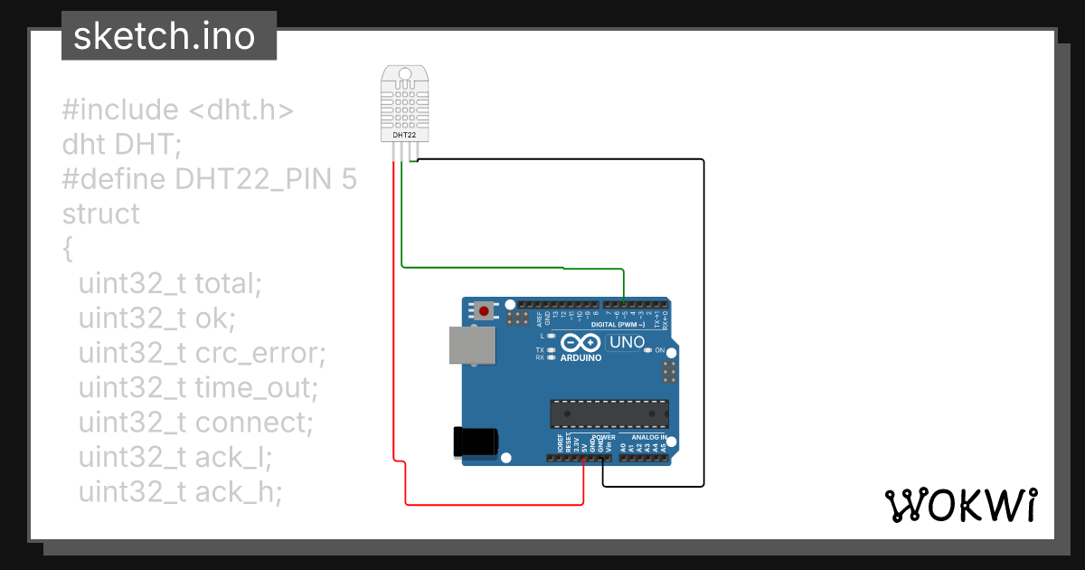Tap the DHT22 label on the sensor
[404, 135]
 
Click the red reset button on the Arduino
[485, 311]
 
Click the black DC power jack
[476, 442]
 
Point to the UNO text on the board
[626, 343]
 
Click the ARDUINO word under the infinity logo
[580, 358]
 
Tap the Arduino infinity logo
[580, 343]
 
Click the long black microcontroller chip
[609, 413]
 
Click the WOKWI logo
[960, 505]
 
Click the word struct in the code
[101, 214]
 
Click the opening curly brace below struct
[67, 249]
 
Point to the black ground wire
[703, 317]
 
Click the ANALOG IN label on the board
[642, 437]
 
